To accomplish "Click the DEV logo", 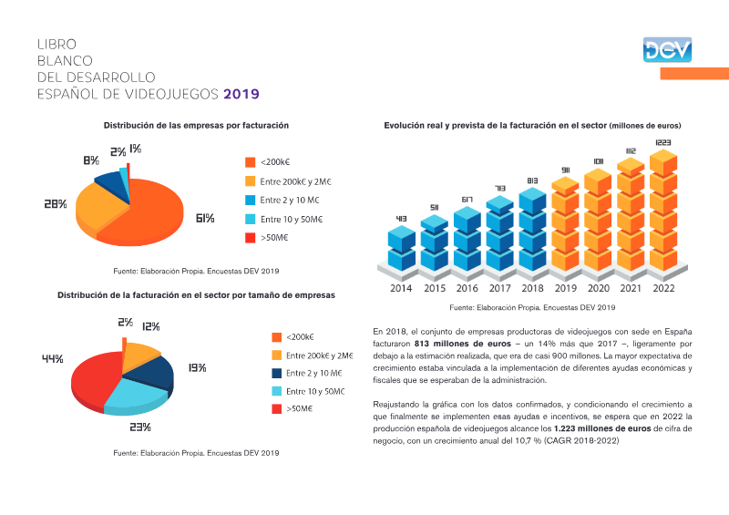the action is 667,50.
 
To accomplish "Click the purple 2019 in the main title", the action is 241,94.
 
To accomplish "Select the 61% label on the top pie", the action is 205,218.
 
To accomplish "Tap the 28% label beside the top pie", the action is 56,204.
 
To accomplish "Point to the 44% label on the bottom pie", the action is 53,359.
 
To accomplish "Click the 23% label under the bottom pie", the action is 140,427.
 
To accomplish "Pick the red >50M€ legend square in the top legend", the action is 250,238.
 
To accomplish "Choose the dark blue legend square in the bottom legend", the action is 277,373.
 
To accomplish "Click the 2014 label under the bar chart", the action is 401,288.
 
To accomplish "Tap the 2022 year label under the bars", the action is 663,288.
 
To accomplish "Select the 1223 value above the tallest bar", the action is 663,142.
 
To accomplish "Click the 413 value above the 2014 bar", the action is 401,218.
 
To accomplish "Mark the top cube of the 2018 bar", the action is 532,200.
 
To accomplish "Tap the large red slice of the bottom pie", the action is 96,379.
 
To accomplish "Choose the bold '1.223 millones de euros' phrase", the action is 602,428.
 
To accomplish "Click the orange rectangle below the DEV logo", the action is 694,74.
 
